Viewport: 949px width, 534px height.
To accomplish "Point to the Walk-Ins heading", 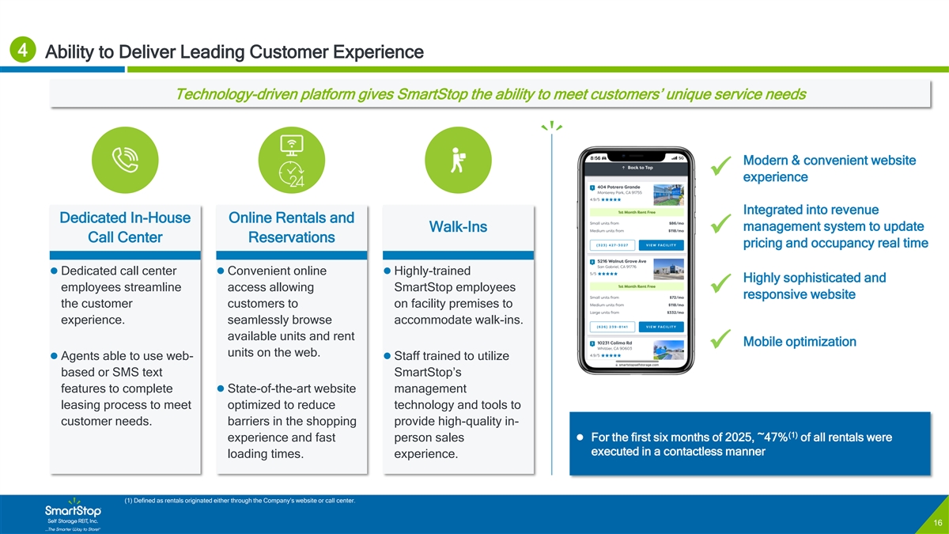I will [457, 228].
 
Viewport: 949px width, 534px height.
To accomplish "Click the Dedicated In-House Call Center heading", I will [125, 228].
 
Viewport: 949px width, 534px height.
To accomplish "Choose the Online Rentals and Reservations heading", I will [291, 228].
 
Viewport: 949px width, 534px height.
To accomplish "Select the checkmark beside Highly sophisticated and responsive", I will [720, 285].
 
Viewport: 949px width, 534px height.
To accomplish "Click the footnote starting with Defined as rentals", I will [240, 500].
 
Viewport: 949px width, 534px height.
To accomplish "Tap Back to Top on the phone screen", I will [637, 168].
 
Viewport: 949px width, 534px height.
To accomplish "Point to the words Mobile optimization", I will [800, 342].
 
